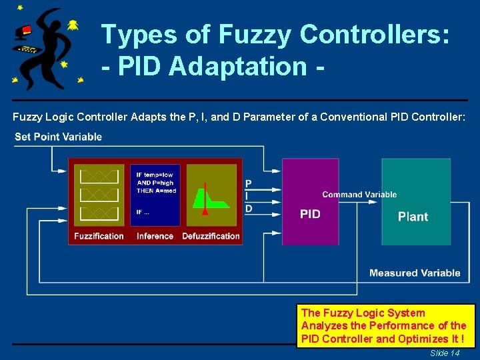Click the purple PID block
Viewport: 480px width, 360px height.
click(310, 201)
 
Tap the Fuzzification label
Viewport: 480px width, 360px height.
click(99, 236)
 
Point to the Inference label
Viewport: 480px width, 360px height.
click(155, 236)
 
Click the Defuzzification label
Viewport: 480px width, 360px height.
click(211, 236)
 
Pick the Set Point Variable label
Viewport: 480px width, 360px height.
click(58, 137)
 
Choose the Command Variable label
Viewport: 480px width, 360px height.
click(359, 195)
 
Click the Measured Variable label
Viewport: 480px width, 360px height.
click(415, 273)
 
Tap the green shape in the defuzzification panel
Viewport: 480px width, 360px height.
click(212, 198)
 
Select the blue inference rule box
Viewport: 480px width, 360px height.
click(155, 195)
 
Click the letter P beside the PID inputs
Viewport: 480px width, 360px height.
click(249, 183)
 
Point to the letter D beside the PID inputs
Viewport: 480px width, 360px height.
click(249, 209)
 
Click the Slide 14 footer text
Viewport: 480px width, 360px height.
click(445, 353)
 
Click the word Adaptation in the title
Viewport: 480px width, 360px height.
click(240, 67)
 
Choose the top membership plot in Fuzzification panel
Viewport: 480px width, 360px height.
click(99, 177)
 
